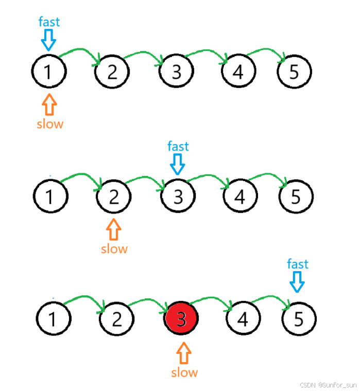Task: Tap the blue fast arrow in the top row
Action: pyautogui.click(x=49, y=39)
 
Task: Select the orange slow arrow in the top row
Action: pyautogui.click(x=49, y=104)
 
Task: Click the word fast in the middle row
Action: pyautogui.click(x=178, y=147)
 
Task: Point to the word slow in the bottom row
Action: pyautogui.click(x=184, y=372)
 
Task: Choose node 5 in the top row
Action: pyautogui.click(x=294, y=72)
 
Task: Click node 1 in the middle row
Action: pyautogui.click(x=50, y=197)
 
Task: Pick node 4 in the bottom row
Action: pyautogui.click(x=243, y=319)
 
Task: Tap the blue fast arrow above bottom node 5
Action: pyautogui.click(x=298, y=281)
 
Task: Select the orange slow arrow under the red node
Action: pyautogui.click(x=184, y=354)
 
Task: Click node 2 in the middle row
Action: pyautogui.click(x=114, y=196)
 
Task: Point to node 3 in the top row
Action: pyautogui.click(x=177, y=72)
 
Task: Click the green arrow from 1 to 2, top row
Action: pyautogui.click(x=80, y=54)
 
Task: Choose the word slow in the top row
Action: pyautogui.click(x=50, y=124)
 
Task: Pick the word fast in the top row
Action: pyautogui.click(x=49, y=22)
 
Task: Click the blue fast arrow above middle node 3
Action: pyautogui.click(x=178, y=165)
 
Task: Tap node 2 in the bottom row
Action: pyautogui.click(x=117, y=319)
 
